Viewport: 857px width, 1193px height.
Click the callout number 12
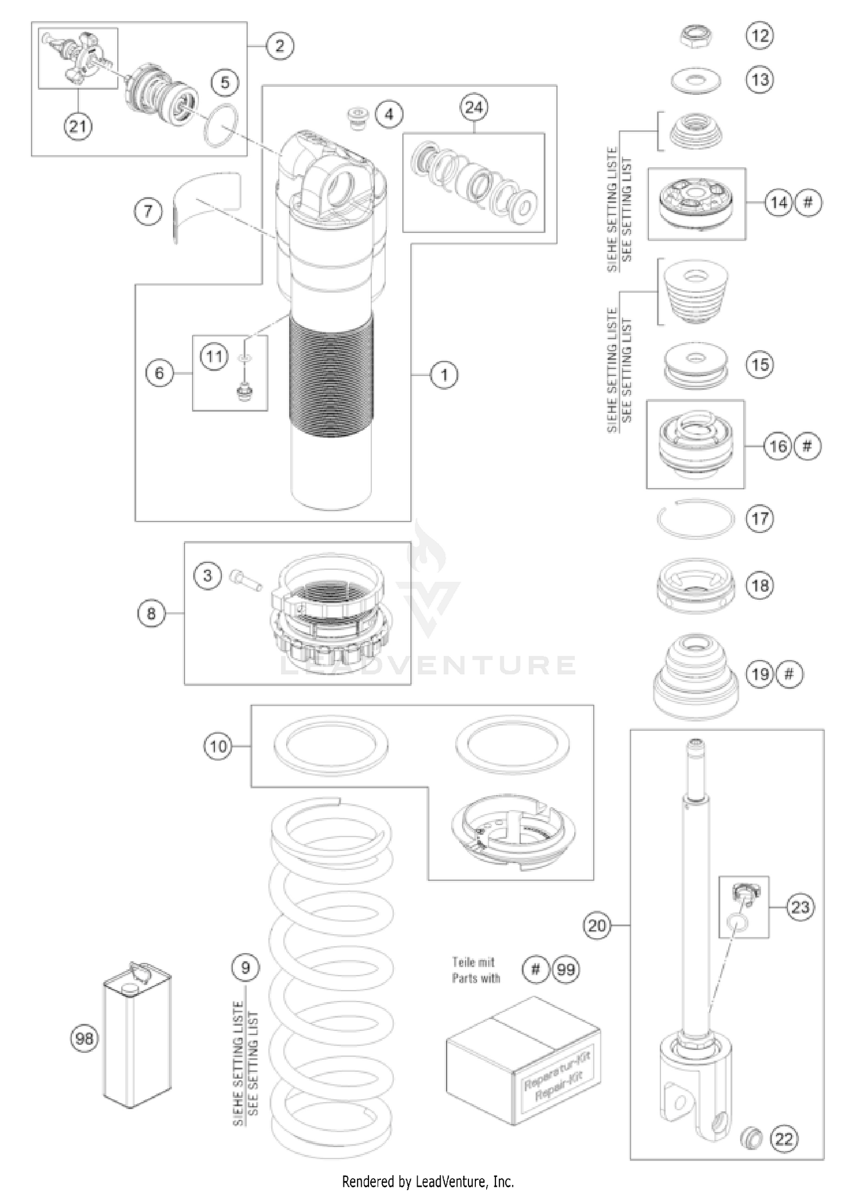[x=759, y=35]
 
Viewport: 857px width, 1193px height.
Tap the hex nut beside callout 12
[x=695, y=37]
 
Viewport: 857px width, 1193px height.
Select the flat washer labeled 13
[x=695, y=80]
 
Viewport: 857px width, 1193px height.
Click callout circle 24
[x=474, y=107]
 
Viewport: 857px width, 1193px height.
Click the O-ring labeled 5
[x=222, y=126]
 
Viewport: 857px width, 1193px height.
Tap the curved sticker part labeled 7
[x=207, y=206]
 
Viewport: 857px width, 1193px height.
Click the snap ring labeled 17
[x=694, y=518]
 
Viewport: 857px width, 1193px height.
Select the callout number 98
[x=85, y=1038]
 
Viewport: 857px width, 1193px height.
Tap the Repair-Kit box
[x=523, y=1060]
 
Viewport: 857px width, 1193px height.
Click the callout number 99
[x=566, y=970]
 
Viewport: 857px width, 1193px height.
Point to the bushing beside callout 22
[x=751, y=1138]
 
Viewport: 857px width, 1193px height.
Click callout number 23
[x=800, y=907]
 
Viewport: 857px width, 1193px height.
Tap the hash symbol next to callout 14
[x=807, y=202]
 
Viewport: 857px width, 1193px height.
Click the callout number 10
[x=218, y=746]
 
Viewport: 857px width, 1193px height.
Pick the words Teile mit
[x=473, y=962]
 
